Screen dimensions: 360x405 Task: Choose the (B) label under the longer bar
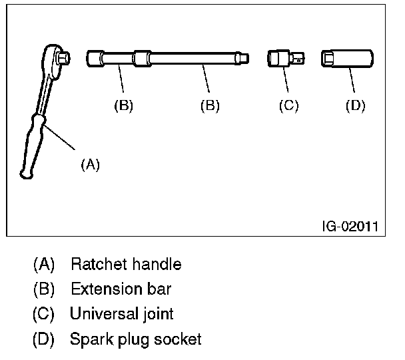coord(210,105)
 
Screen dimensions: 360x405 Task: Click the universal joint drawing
coord(285,59)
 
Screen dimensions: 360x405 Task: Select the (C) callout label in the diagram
coord(288,105)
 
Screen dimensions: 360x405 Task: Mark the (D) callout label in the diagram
coord(356,105)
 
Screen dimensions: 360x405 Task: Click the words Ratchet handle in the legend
coord(126,265)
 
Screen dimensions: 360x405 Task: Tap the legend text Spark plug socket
coord(136,339)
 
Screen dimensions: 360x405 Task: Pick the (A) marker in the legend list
coord(44,265)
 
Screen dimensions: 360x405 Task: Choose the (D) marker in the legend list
coord(44,339)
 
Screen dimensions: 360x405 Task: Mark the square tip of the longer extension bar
coord(246,59)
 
